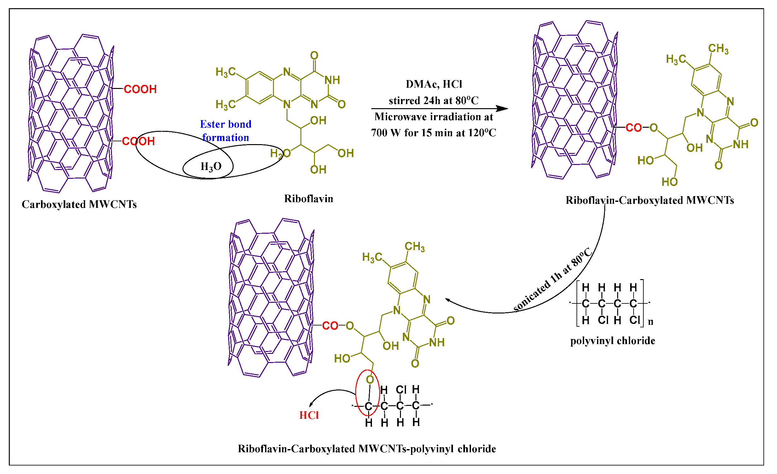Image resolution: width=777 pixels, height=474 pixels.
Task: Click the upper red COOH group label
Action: (140, 89)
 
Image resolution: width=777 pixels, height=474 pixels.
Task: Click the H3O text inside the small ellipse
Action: (211, 166)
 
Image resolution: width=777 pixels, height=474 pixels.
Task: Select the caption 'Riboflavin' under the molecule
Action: (308, 199)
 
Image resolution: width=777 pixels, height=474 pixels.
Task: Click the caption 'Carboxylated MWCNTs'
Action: (79, 204)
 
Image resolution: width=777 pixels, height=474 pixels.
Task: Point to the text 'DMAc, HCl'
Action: (434, 84)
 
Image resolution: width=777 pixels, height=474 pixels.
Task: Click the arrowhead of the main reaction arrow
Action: (503, 109)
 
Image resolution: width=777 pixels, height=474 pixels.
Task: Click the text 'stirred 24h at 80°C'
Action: (434, 101)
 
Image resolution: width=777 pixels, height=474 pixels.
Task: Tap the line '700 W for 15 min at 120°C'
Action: (434, 133)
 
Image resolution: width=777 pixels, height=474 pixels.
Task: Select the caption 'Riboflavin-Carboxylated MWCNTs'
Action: (650, 200)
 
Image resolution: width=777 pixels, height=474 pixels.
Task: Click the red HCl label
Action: (309, 415)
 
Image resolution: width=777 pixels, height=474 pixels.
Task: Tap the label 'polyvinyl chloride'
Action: (612, 341)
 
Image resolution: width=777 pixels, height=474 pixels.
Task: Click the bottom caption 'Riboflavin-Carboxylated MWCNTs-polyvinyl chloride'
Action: (367, 449)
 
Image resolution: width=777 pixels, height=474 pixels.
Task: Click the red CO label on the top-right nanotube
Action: (634, 128)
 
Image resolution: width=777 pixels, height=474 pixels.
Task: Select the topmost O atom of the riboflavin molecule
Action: (314, 56)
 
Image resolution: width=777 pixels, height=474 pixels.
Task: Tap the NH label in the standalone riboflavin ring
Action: (332, 80)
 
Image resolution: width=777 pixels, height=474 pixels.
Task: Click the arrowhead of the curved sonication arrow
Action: (448, 300)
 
